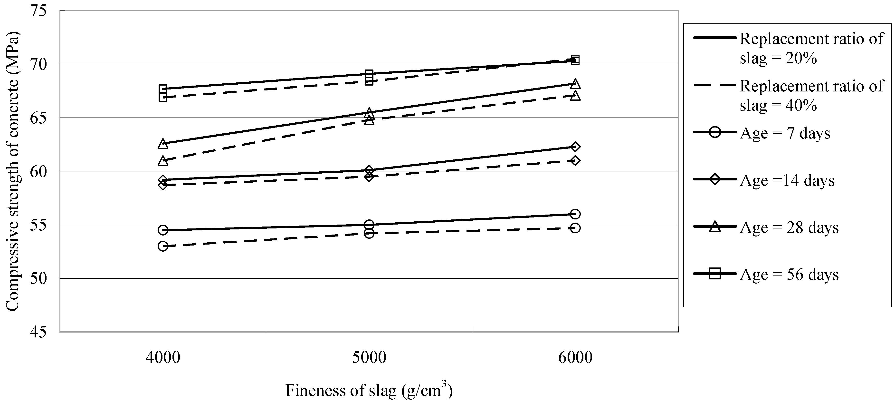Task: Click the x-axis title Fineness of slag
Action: [369, 390]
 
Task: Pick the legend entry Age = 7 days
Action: [785, 133]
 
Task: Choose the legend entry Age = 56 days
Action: [789, 274]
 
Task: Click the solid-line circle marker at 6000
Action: [575, 214]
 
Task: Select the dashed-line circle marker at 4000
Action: [163, 246]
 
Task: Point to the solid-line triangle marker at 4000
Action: [163, 143]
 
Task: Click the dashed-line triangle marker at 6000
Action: [575, 96]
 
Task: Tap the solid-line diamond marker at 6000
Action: [575, 147]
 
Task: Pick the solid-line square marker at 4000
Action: [163, 89]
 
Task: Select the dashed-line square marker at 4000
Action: [163, 97]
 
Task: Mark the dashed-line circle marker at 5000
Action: [369, 233]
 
